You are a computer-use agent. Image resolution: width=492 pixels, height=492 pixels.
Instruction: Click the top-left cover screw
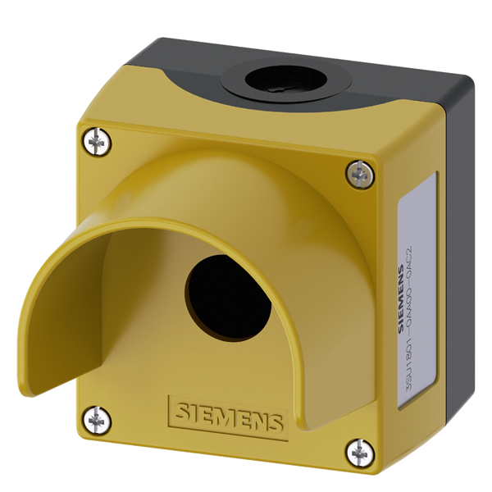(x=98, y=142)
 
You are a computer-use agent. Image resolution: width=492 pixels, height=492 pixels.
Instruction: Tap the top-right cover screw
(x=360, y=173)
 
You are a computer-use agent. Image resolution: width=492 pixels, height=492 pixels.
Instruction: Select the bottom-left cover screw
(x=98, y=420)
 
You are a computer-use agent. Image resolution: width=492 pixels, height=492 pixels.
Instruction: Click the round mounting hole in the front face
(x=229, y=298)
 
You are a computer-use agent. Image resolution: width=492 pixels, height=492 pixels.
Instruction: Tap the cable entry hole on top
(x=285, y=79)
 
